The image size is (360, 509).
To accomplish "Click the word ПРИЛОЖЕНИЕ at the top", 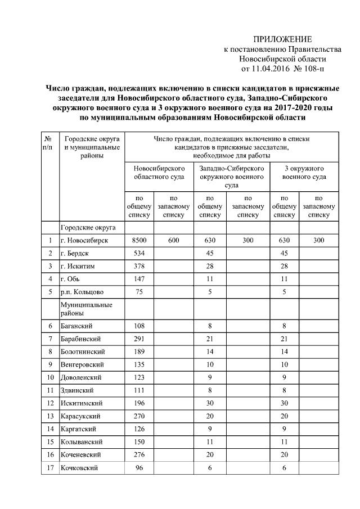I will coord(282,39).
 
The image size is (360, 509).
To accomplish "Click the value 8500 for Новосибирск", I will coord(139,240).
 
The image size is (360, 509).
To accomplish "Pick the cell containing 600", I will coord(173,240).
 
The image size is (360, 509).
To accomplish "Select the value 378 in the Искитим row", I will coord(139,266).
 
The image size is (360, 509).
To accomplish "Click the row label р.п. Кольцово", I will coord(82,292).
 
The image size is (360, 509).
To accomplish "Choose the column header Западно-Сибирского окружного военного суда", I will coord(231,177).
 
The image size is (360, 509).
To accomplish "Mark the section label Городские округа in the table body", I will coord(88,227).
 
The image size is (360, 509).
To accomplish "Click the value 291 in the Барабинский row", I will coord(139,339).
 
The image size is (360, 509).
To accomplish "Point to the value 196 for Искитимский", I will coord(139,403).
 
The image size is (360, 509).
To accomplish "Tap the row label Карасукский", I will coord(80,416).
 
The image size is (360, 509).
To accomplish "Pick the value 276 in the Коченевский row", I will coord(139,455).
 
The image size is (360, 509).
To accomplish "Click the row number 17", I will coord(49,468).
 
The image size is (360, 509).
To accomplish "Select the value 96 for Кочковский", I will coord(139,468).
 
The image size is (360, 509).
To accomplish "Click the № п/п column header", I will coord(49,143).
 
